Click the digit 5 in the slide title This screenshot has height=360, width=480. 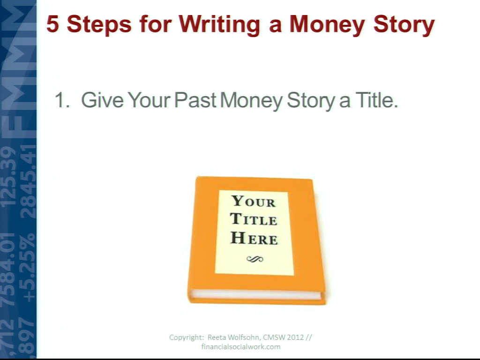pyautogui.click(x=52, y=24)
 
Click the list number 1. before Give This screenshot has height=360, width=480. pyautogui.click(x=62, y=100)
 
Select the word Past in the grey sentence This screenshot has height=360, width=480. pyautogui.click(x=195, y=100)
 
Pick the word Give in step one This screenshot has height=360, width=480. pyautogui.click(x=102, y=100)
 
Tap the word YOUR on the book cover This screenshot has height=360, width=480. pyautogui.click(x=254, y=201)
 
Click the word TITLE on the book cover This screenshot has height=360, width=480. pyautogui.click(x=254, y=219)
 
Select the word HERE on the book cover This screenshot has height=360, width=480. pyautogui.click(x=254, y=238)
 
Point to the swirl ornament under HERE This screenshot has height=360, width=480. pyautogui.click(x=255, y=259)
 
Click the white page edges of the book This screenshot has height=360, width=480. pyautogui.click(x=255, y=294)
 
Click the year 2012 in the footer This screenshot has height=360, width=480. pyautogui.click(x=295, y=337)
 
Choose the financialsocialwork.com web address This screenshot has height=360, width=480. pyautogui.click(x=241, y=346)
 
